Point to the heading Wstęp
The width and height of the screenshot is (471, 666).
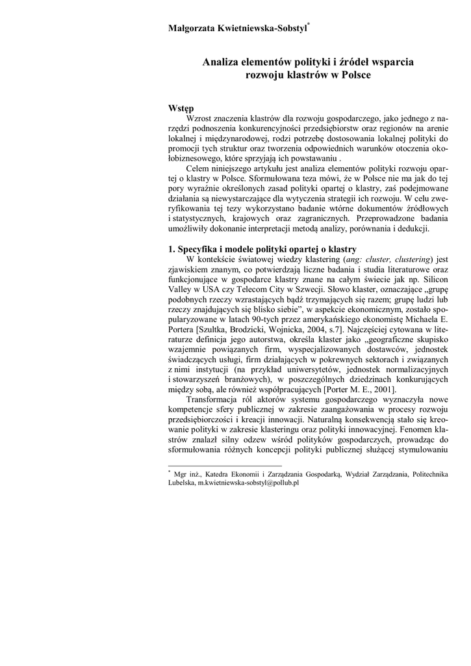(181, 109)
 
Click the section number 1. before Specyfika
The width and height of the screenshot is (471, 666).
(172, 250)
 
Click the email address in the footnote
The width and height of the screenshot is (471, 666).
(248, 484)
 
